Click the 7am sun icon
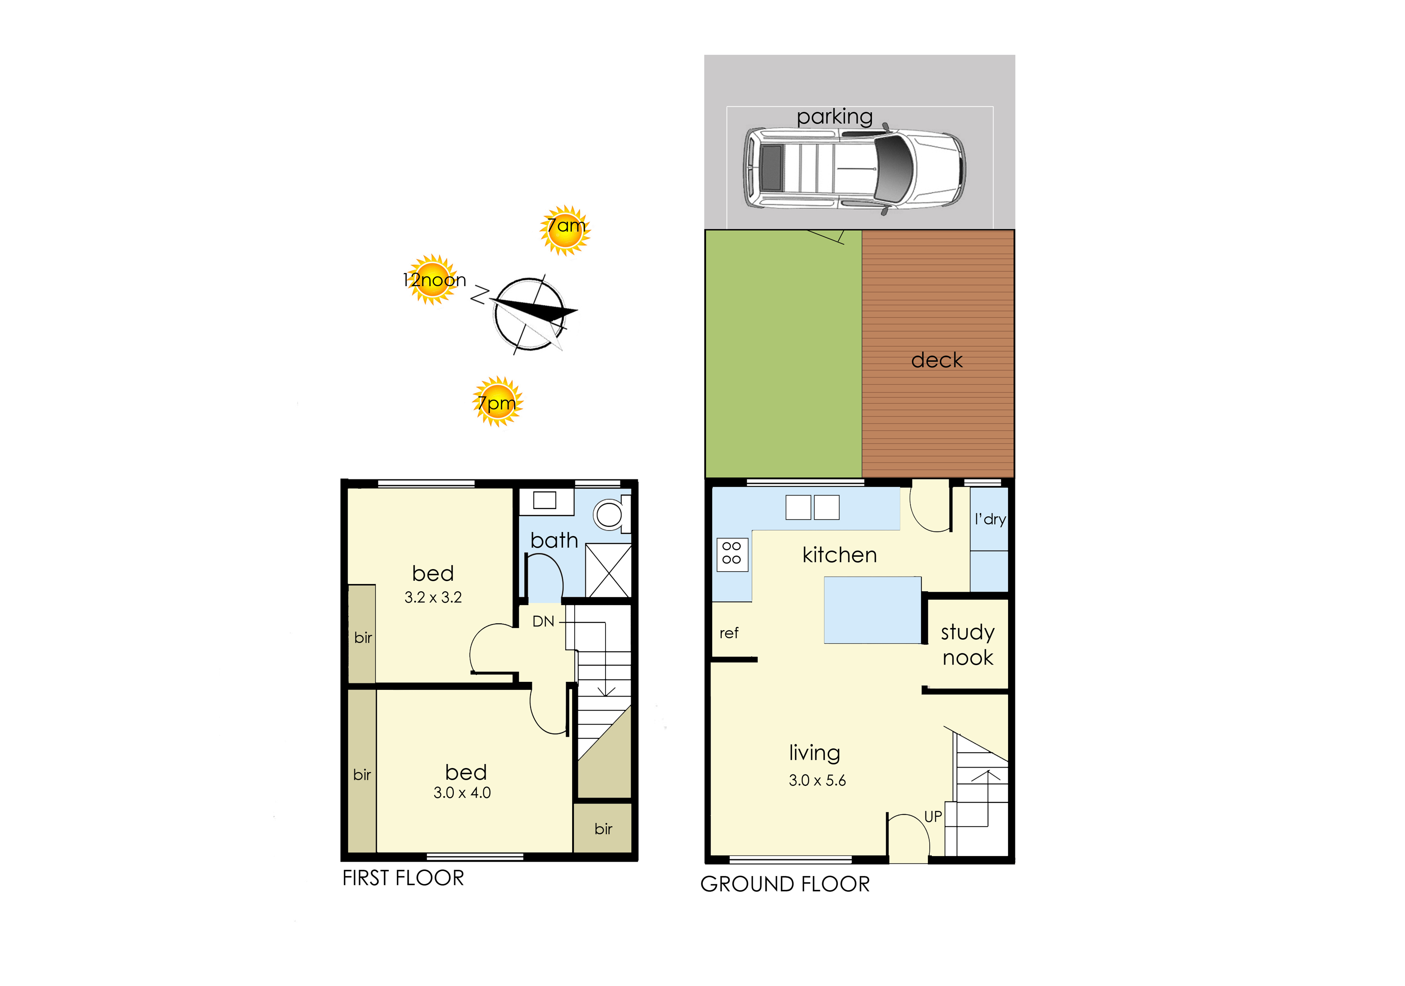point(565,230)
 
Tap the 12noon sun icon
point(433,279)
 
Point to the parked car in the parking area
point(854,168)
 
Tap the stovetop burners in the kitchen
point(732,554)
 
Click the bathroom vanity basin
point(545,500)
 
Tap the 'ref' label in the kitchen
point(729,633)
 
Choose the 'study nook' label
point(968,645)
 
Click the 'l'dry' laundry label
point(990,519)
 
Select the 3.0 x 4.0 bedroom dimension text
point(462,793)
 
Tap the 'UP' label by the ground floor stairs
point(933,816)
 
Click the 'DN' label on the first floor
point(543,621)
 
